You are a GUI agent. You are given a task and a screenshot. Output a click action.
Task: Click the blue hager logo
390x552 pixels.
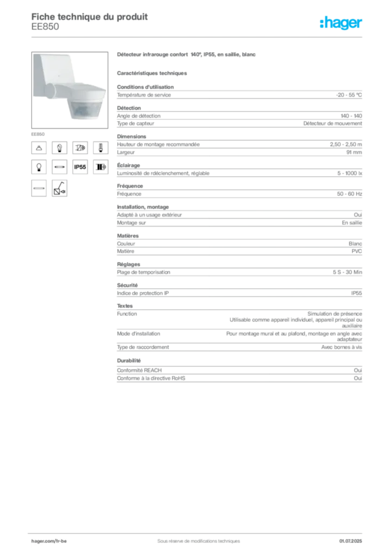point(342,23)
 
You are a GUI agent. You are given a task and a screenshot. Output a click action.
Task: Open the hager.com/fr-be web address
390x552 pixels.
point(49,540)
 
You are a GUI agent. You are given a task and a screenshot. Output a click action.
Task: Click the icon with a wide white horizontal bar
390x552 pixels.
point(39,188)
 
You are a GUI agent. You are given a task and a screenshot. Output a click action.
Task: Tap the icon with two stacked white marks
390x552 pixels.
point(59,147)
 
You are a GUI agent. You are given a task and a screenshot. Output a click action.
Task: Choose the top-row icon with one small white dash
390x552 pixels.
point(100,147)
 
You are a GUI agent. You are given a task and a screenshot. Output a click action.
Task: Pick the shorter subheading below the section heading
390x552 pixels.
point(153,72)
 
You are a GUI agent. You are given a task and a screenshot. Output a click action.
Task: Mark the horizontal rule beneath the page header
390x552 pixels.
point(198,37)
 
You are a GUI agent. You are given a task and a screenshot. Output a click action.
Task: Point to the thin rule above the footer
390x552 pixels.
point(198,532)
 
